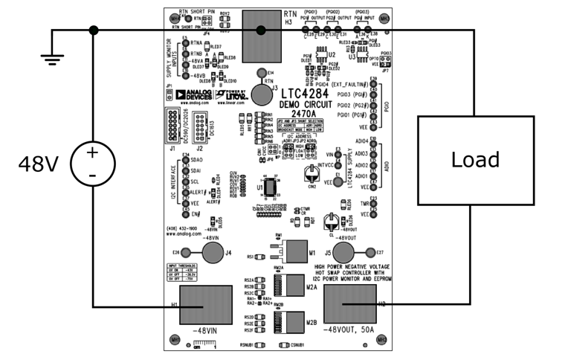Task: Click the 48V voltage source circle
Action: point(92,162)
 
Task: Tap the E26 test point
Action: point(189,253)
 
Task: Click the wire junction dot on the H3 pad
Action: point(261,30)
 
